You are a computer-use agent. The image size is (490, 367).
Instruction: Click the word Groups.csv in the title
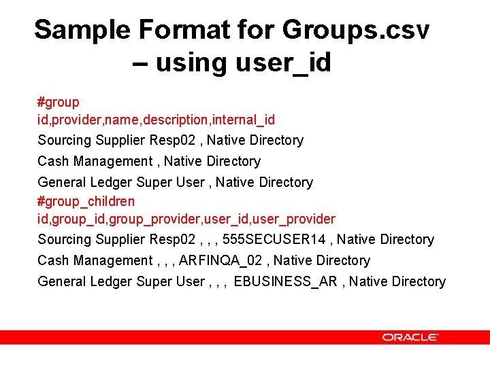[356, 30]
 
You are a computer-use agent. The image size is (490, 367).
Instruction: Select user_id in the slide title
[283, 63]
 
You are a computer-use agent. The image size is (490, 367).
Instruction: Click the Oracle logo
[410, 337]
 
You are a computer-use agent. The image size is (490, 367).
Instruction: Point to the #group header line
[59, 103]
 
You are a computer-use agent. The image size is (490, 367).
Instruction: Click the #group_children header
[86, 202]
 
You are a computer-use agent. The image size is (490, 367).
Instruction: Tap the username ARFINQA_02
[222, 261]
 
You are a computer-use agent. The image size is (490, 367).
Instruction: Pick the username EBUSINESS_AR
[285, 282]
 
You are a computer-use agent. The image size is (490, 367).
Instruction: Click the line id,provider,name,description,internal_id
[157, 120]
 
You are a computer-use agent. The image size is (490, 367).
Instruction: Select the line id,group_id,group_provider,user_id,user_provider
[186, 220]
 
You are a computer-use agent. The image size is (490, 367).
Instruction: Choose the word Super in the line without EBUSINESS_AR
[154, 183]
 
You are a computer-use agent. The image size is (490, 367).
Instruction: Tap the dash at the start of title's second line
[141, 63]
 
